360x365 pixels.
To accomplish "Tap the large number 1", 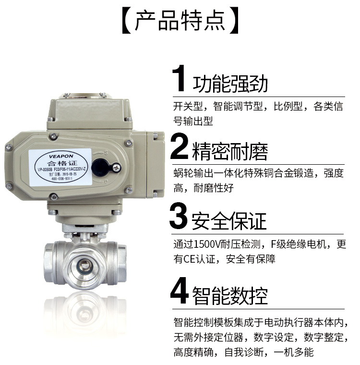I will click(179, 79).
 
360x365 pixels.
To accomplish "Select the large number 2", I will click(179, 147).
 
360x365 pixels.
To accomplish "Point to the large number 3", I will click(179, 217).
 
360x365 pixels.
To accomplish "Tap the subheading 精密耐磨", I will click(230, 151).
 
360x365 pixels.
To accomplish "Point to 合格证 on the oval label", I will click(62, 164).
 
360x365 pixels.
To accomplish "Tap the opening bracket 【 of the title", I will click(126, 21).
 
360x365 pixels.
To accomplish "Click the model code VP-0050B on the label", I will click(44, 170).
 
